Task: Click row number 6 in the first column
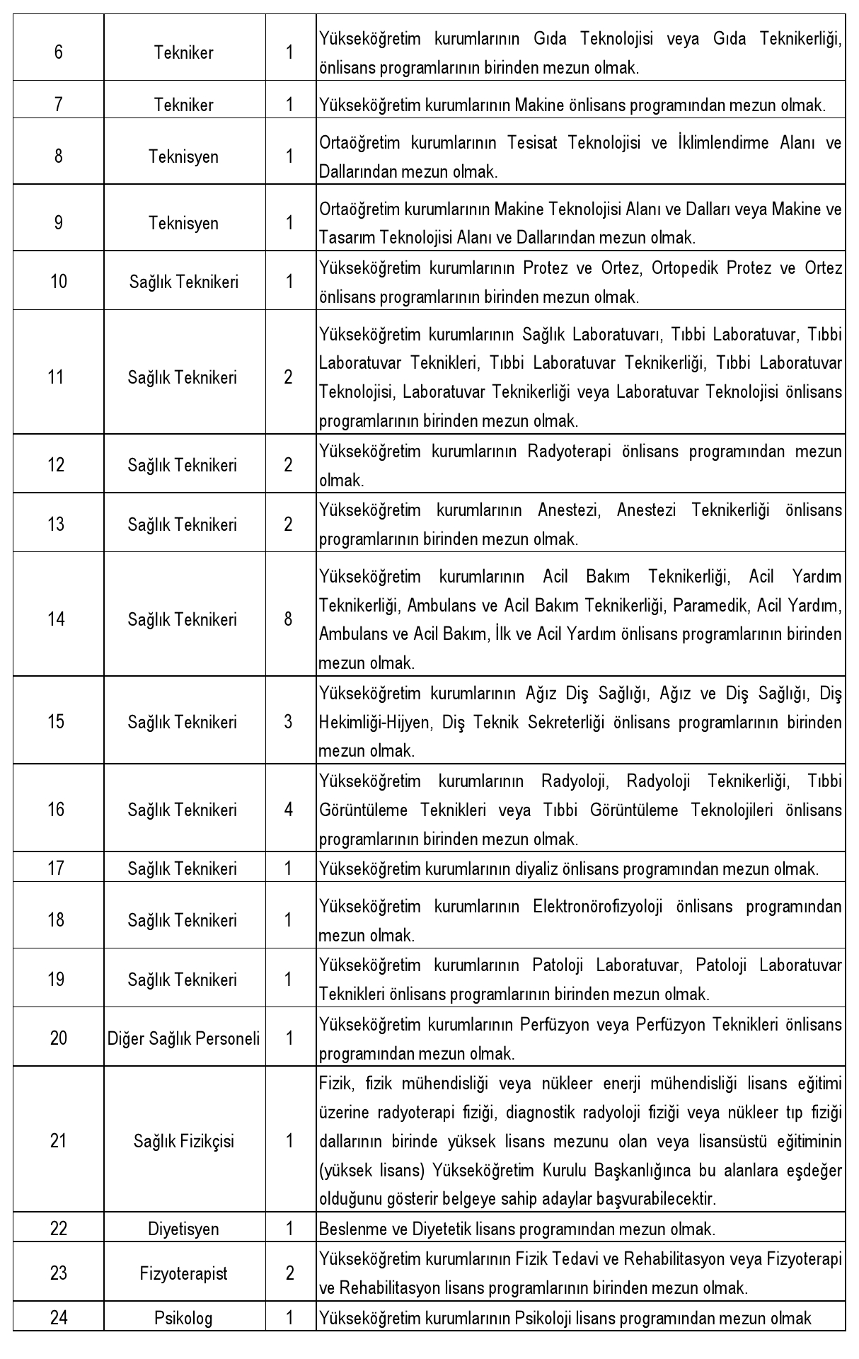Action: (x=58, y=52)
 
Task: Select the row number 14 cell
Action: (x=57, y=619)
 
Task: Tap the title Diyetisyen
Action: (x=183, y=1228)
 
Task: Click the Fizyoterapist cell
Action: (x=183, y=1273)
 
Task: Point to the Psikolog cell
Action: (x=183, y=1318)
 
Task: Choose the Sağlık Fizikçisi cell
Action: (x=183, y=1141)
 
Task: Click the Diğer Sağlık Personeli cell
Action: (x=183, y=1038)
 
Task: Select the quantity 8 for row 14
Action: (x=288, y=619)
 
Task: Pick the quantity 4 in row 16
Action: (x=288, y=809)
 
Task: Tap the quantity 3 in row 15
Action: (x=288, y=722)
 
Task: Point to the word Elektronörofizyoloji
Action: (x=598, y=906)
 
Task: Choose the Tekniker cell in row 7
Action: (x=183, y=105)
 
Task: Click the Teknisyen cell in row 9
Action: (x=183, y=223)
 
